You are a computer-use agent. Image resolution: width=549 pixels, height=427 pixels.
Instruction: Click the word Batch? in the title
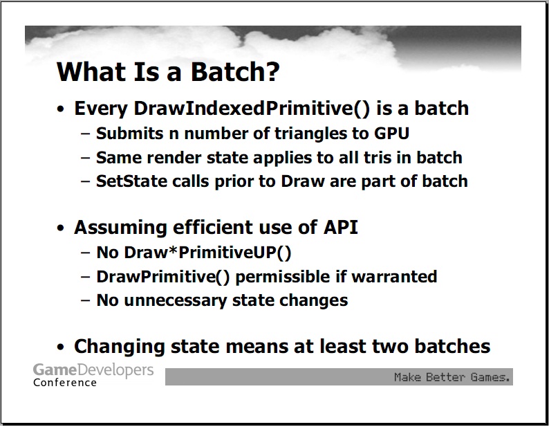(235, 72)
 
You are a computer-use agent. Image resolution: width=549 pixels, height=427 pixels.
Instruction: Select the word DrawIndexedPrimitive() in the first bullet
(252, 109)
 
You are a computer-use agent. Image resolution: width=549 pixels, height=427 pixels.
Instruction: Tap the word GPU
(391, 133)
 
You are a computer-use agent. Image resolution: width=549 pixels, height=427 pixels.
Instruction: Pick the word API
(340, 227)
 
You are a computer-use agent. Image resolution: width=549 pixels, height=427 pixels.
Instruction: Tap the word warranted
(394, 277)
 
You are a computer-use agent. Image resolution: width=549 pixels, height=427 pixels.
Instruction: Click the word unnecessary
(176, 301)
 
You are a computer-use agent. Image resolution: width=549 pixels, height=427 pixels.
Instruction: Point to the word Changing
(120, 347)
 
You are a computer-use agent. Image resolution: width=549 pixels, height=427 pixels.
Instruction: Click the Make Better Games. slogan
(452, 377)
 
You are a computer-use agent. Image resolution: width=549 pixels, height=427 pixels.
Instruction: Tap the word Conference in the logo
(65, 383)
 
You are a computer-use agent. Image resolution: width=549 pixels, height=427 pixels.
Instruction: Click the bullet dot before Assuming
(61, 228)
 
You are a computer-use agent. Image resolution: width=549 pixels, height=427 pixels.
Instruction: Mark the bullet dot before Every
(61, 109)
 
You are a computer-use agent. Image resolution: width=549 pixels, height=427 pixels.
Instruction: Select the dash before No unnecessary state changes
(85, 301)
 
